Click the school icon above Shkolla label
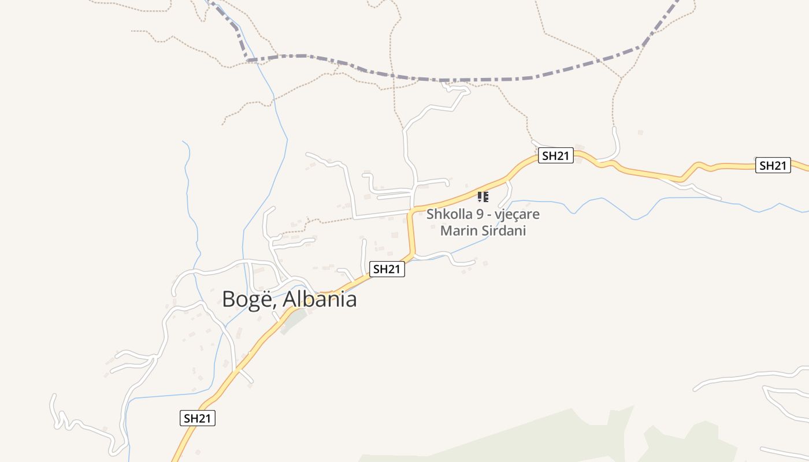[x=483, y=197]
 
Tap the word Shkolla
[x=446, y=214]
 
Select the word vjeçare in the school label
[x=518, y=214]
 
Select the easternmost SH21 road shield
[x=773, y=165]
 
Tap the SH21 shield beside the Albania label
[x=387, y=269]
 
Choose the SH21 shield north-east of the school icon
[x=555, y=155]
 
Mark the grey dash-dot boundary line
[x=439, y=79]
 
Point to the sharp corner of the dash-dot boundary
[x=247, y=59]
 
